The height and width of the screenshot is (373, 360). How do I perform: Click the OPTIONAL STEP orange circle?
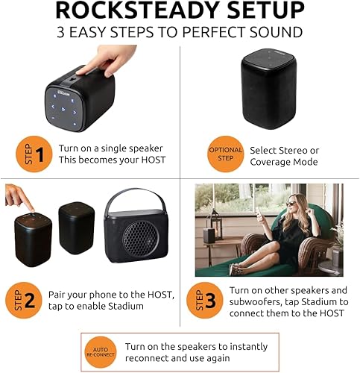pyautogui.click(x=225, y=155)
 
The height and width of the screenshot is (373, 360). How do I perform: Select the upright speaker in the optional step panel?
pyautogui.click(x=268, y=90)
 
